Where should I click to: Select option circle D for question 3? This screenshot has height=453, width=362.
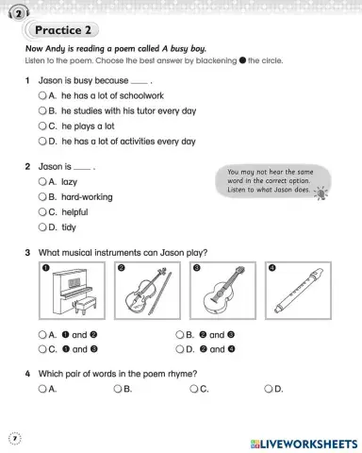[x=179, y=349]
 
